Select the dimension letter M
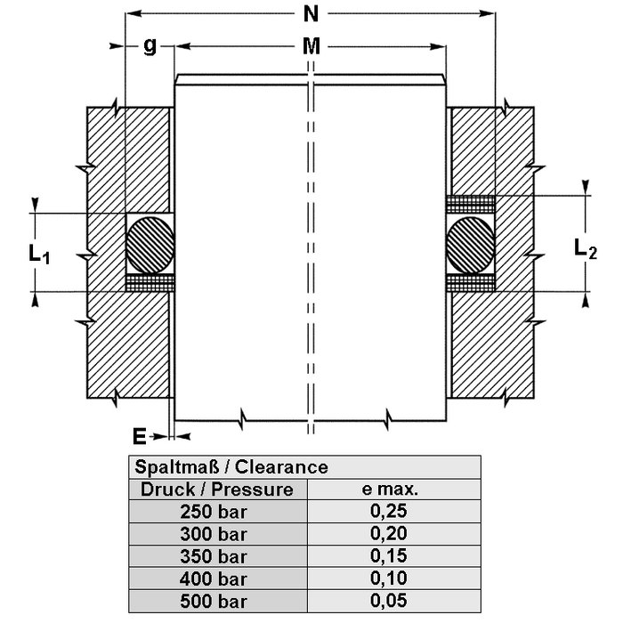309,46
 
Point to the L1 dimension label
38,255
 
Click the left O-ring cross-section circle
148,243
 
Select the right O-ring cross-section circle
470,243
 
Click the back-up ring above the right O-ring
470,204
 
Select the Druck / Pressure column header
217,489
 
